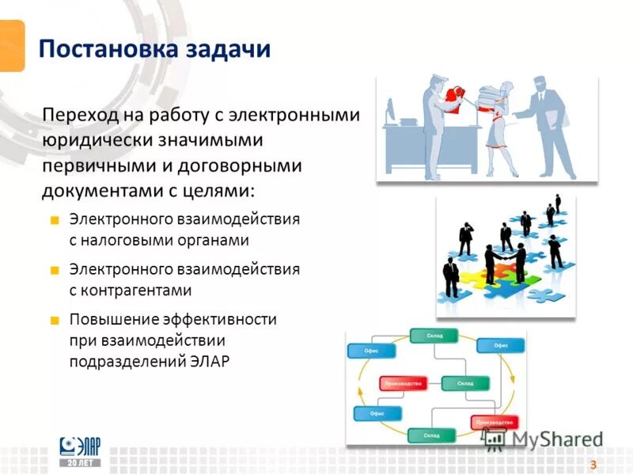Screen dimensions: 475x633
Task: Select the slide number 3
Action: [x=592, y=463]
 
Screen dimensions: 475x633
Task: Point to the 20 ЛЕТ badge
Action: [x=81, y=462]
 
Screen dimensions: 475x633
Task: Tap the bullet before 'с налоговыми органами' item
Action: [x=55, y=219]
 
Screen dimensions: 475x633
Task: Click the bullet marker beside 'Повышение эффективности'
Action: [x=55, y=321]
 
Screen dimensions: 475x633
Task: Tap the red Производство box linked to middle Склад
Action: [x=403, y=383]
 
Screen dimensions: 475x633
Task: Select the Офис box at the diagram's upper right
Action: [x=500, y=345]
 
